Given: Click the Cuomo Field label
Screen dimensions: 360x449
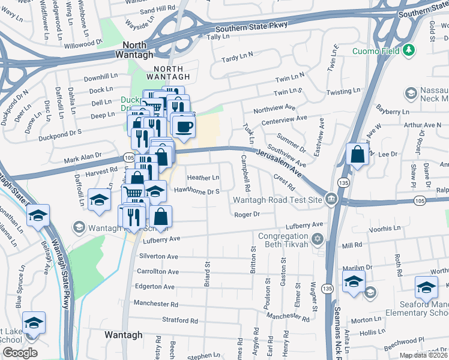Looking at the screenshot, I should pyautogui.click(x=376, y=49).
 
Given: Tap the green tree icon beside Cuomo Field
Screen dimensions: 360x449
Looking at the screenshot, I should pyautogui.click(x=409, y=49).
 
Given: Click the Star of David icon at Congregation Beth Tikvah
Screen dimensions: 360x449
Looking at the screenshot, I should pyautogui.click(x=318, y=239).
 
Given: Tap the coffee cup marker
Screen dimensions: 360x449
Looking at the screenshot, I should pyautogui.click(x=184, y=127).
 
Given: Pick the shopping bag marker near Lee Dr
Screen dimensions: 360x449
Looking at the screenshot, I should pyautogui.click(x=358, y=154).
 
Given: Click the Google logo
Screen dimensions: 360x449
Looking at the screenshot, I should pyautogui.click(x=20, y=353).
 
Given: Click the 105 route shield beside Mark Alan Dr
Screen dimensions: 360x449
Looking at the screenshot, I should pyautogui.click(x=128, y=157).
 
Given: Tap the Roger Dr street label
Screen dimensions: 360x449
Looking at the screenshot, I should pyautogui.click(x=246, y=214).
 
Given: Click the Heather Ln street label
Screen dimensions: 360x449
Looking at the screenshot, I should pyautogui.click(x=203, y=178).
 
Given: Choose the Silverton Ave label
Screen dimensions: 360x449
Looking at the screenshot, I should pyautogui.click(x=158, y=256).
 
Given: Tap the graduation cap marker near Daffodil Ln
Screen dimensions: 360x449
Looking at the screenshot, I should pyautogui.click(x=99, y=200).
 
